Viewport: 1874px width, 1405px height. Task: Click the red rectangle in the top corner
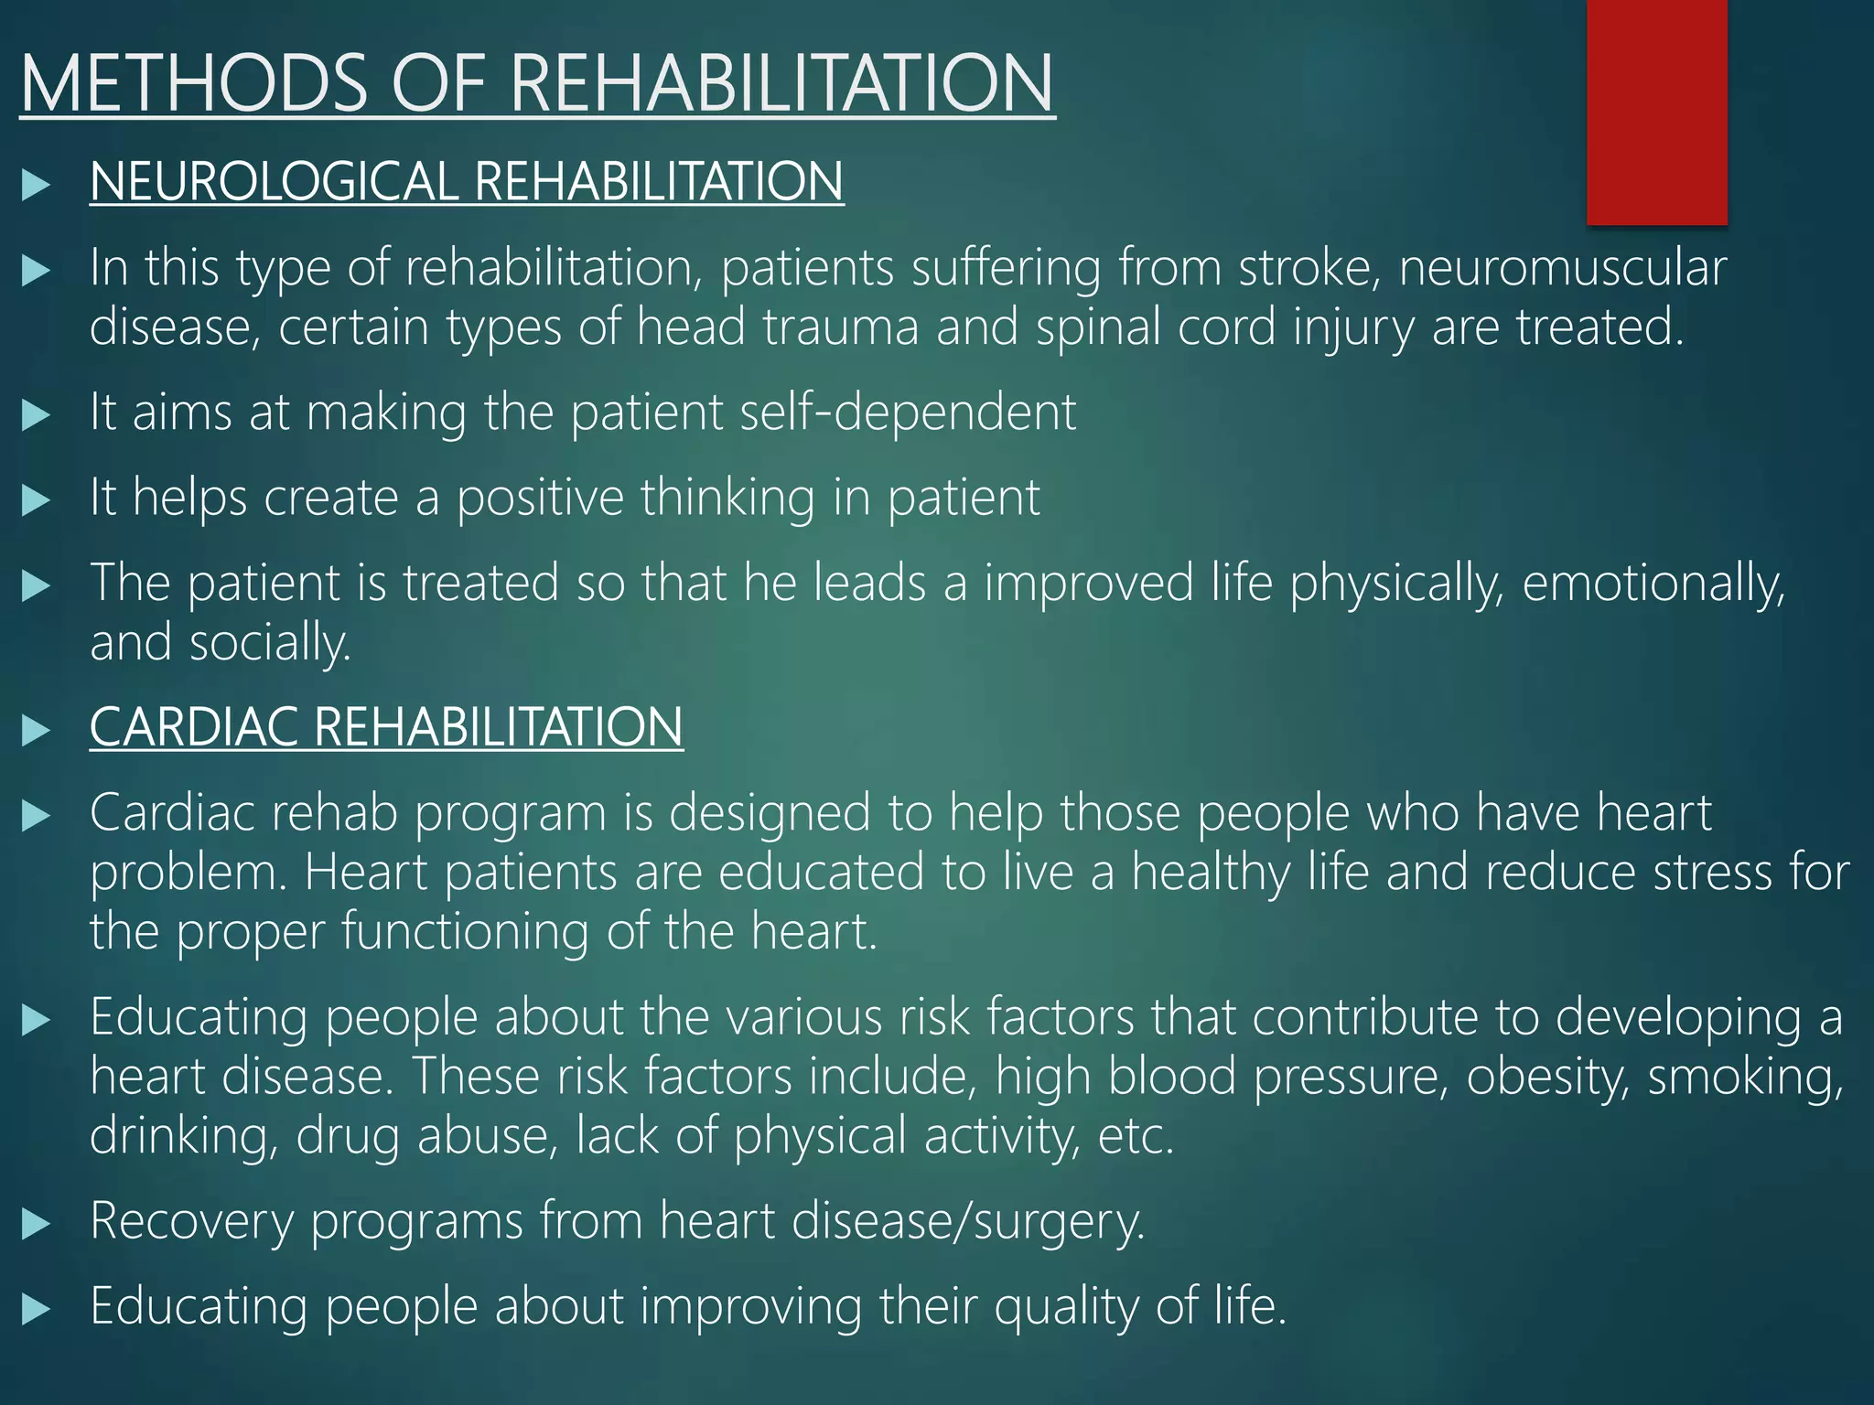click(x=1656, y=112)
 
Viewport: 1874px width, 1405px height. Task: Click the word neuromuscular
click(x=1562, y=268)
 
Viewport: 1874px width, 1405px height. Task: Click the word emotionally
click(x=1653, y=584)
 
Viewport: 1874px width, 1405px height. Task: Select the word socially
click(x=269, y=643)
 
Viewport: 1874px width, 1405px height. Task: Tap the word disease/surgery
click(x=967, y=1221)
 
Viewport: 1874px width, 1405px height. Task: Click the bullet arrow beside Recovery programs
click(x=35, y=1224)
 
